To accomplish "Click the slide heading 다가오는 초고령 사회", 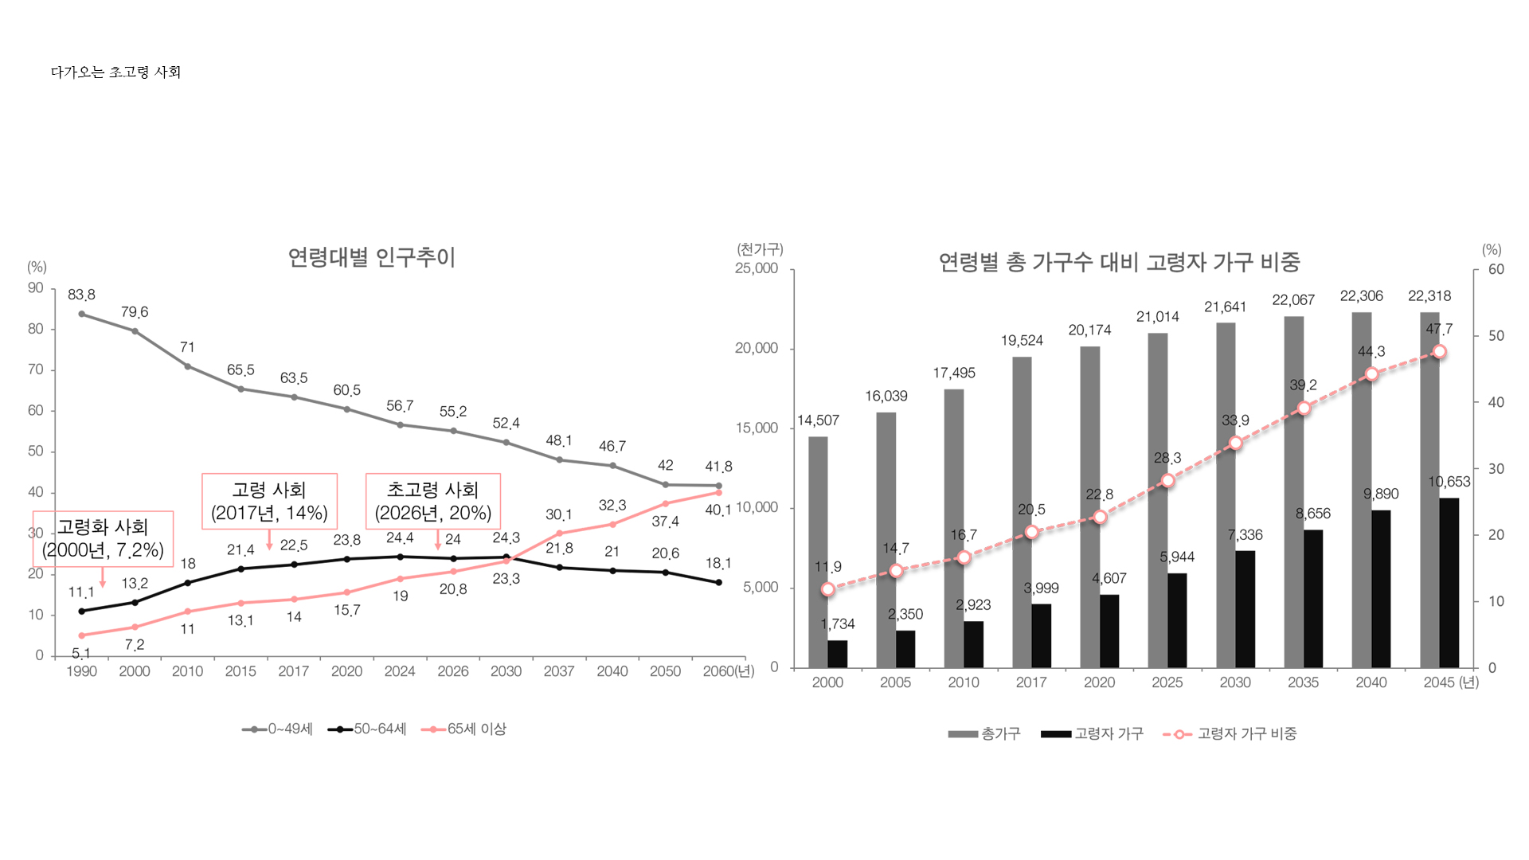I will pos(115,72).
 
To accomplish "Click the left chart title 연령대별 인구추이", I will pos(371,257).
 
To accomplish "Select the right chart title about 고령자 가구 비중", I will pos(1119,262).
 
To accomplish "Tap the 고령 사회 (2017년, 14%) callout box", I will pos(269,501).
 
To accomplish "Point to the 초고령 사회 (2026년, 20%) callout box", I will pos(432,501).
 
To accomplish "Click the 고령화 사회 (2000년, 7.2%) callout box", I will pos(103,538).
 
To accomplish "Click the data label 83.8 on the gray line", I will pos(81,295).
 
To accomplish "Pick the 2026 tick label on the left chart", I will pos(452,671).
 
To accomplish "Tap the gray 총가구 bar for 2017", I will pos(1022,510).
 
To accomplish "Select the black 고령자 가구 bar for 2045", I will pos(1449,582).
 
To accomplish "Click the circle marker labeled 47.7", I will pos(1439,352).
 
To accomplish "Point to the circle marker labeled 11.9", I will pos(828,589).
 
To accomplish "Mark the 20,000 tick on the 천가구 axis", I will pos(756,348).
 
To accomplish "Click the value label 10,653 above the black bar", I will pos(1449,482).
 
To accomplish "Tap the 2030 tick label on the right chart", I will pos(1235,682).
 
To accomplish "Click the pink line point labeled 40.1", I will pos(718,493).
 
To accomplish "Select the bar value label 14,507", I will pos(818,420).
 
